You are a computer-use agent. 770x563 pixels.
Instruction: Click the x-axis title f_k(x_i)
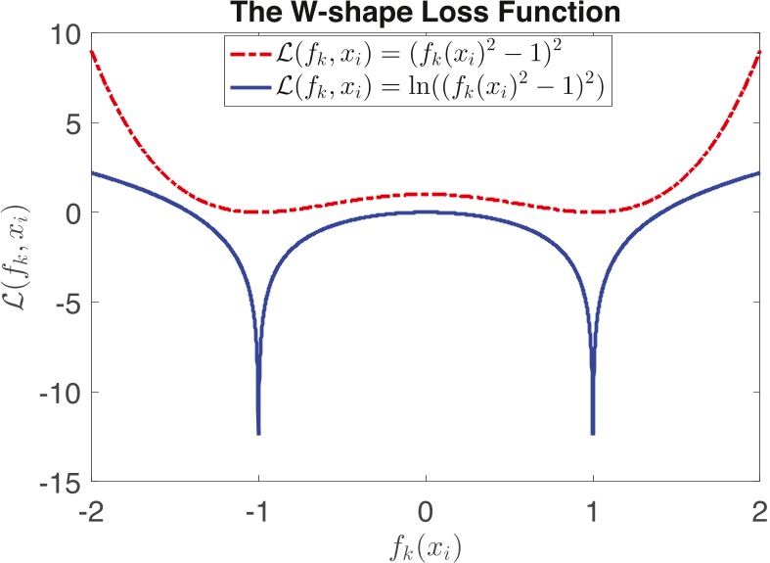click(x=425, y=544)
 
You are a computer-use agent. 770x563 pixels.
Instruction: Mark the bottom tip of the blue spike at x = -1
click(x=258, y=432)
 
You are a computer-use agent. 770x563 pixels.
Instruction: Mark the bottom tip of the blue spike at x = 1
click(x=593, y=432)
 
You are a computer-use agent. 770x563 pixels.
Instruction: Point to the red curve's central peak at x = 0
click(x=426, y=194)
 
